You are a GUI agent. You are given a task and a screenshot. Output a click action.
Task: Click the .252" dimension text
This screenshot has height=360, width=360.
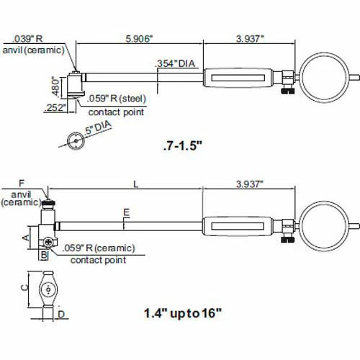point(54,107)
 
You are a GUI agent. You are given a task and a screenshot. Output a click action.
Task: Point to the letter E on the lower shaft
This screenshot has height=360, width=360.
point(126,212)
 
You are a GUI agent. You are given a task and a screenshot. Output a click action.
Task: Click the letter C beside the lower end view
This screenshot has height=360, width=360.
point(24,287)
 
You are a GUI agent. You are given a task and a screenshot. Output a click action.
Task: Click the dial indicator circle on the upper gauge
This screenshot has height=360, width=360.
point(325,76)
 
